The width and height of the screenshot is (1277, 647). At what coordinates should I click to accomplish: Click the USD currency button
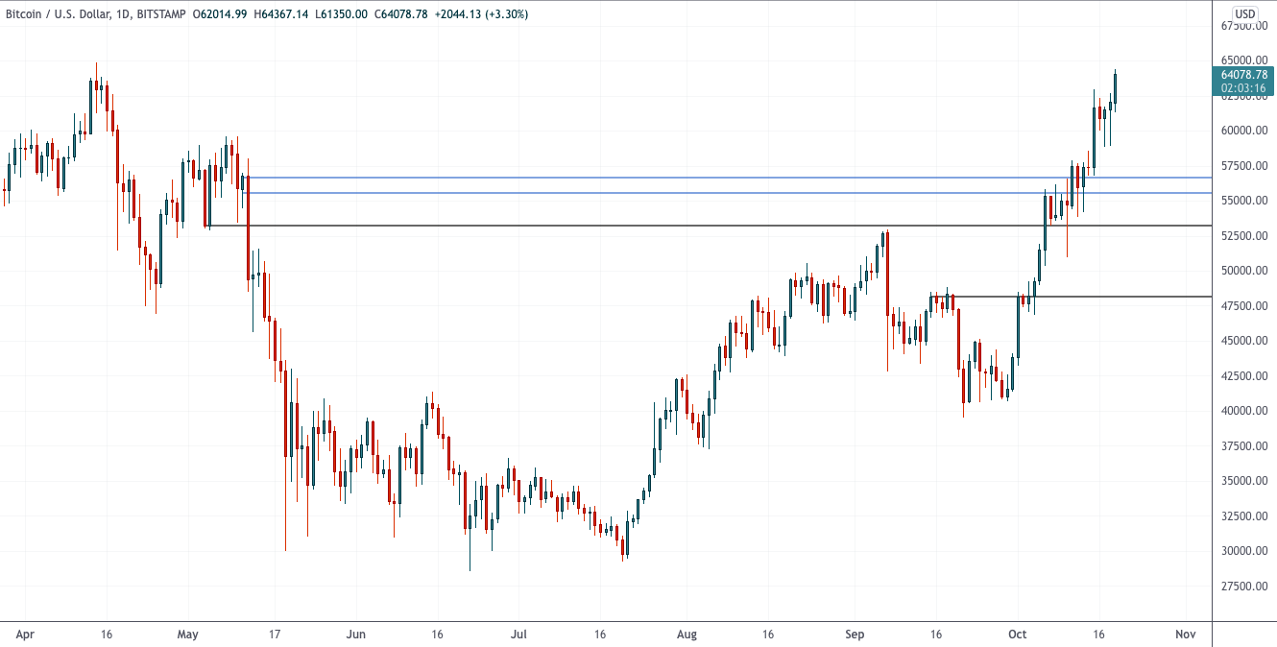click(x=1245, y=13)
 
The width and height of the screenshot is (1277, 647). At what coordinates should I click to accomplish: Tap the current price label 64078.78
click(x=1244, y=74)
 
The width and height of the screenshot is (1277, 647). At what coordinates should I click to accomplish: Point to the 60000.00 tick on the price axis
click(x=1243, y=131)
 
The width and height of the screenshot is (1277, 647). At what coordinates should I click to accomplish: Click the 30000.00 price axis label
click(x=1243, y=551)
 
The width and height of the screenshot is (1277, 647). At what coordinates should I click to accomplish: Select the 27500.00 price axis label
click(x=1243, y=587)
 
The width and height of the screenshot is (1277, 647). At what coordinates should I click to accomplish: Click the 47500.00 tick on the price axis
click(x=1243, y=306)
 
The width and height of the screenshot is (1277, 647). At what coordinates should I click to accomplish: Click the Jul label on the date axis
click(x=518, y=635)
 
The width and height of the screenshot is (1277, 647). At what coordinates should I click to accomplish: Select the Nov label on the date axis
click(x=1185, y=635)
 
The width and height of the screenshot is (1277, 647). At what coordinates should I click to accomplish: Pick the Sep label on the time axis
click(x=855, y=635)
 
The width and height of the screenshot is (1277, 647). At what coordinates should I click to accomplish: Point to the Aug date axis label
click(x=687, y=635)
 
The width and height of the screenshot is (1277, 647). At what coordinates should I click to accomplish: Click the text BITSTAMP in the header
click(x=158, y=14)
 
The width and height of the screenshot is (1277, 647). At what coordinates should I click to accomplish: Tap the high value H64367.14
click(x=281, y=14)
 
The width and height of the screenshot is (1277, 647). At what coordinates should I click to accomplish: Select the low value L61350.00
click(x=341, y=14)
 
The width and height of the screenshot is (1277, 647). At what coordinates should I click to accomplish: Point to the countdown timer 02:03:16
click(x=1244, y=88)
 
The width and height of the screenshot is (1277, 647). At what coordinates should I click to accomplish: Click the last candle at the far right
click(x=1115, y=86)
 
